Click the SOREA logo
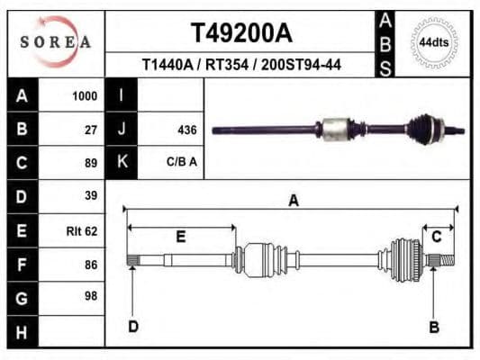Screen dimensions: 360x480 (x=55, y=41)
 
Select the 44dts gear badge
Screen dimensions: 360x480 (x=434, y=42)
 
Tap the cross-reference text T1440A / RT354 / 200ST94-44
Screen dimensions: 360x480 (x=240, y=65)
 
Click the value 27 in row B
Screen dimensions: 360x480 (x=90, y=130)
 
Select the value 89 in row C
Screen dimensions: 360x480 (x=90, y=163)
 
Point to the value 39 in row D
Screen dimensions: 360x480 (x=90, y=196)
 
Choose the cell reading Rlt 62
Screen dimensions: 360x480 (x=82, y=230)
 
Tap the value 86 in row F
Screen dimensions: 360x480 (x=90, y=264)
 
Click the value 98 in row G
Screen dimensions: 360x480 (x=90, y=296)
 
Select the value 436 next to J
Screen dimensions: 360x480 (x=187, y=130)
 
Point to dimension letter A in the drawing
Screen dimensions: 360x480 (x=293, y=201)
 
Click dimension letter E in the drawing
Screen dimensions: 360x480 (x=181, y=237)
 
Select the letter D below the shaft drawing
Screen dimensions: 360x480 (x=132, y=327)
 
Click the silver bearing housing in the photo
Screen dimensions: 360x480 (x=338, y=128)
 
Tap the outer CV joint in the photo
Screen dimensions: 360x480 (x=424, y=128)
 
